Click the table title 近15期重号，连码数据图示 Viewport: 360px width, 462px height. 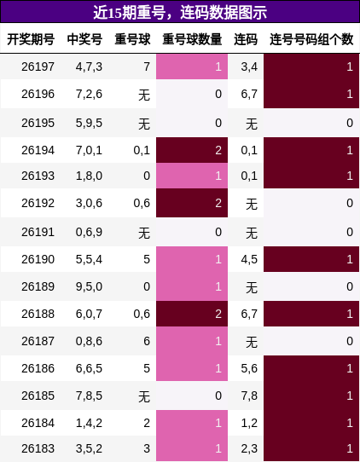[x=180, y=13]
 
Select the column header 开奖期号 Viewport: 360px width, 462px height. [x=31, y=39]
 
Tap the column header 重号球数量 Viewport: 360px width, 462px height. [x=192, y=39]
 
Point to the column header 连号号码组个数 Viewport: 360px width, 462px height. [x=311, y=39]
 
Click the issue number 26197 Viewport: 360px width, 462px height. [x=38, y=66]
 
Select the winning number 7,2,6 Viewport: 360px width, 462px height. [x=89, y=94]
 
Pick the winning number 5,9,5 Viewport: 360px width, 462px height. [x=89, y=123]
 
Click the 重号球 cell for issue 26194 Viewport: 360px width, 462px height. [x=142, y=150]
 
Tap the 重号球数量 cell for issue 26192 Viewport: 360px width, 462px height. [x=192, y=203]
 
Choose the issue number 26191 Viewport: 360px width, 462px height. [x=38, y=232]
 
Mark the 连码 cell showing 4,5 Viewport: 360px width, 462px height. [x=249, y=259]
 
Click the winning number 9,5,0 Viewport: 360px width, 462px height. [x=89, y=286]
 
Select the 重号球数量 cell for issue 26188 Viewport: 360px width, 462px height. [x=192, y=314]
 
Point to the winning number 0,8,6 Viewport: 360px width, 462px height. [x=89, y=341]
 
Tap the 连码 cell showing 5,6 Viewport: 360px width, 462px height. [x=249, y=368]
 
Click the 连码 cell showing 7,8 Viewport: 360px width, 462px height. [x=249, y=396]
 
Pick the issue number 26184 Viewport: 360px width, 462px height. [x=38, y=423]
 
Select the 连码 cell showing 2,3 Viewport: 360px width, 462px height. [x=249, y=448]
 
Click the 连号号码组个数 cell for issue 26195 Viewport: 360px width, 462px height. [x=311, y=123]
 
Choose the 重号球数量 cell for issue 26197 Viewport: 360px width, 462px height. [x=192, y=66]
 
